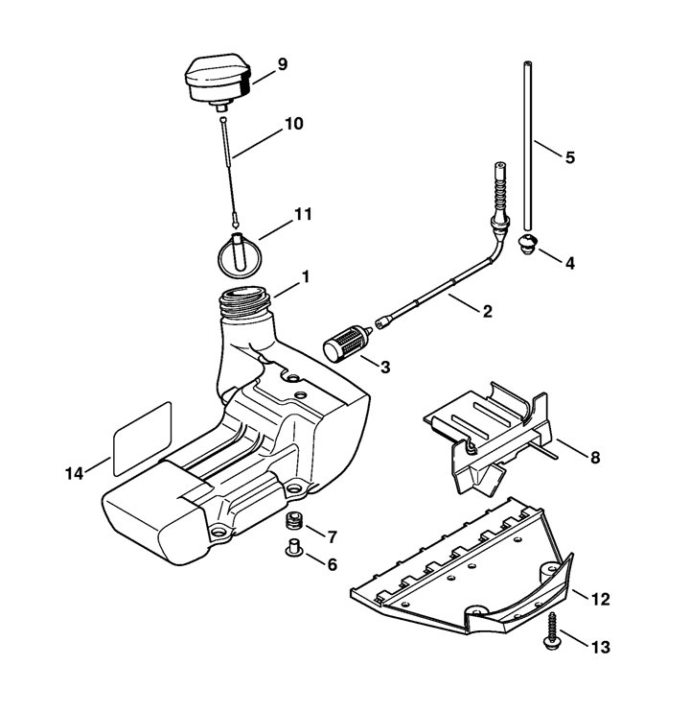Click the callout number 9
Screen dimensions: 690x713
pyautogui.click(x=282, y=64)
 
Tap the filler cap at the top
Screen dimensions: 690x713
pyautogui.click(x=218, y=83)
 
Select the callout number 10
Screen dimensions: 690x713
pyautogui.click(x=294, y=123)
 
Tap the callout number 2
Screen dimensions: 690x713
pyautogui.click(x=487, y=312)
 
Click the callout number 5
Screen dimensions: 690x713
pyautogui.click(x=570, y=157)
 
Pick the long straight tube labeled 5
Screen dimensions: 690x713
pyautogui.click(x=527, y=146)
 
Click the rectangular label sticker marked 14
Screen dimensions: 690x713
pyautogui.click(x=142, y=439)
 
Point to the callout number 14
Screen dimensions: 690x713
pyautogui.click(x=74, y=474)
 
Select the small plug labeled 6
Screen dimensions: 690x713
pyautogui.click(x=294, y=547)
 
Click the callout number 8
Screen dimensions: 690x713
pyautogui.click(x=594, y=458)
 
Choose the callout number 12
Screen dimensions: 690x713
pyautogui.click(x=601, y=599)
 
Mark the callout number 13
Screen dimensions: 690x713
pyautogui.click(x=601, y=647)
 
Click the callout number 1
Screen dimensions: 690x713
pyautogui.click(x=306, y=276)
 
